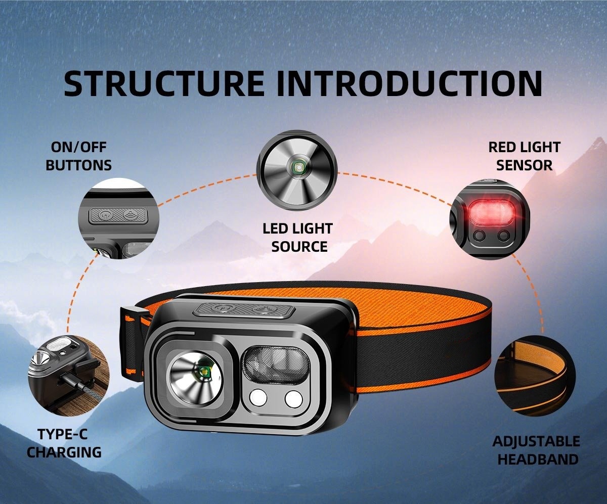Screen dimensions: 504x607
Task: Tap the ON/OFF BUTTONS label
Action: (78, 156)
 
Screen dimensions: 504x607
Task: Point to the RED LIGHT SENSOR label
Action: (524, 156)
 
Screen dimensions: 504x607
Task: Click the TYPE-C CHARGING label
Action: (64, 443)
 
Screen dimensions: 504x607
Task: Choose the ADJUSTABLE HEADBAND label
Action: (536, 449)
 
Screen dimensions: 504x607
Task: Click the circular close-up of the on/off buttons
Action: (118, 218)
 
